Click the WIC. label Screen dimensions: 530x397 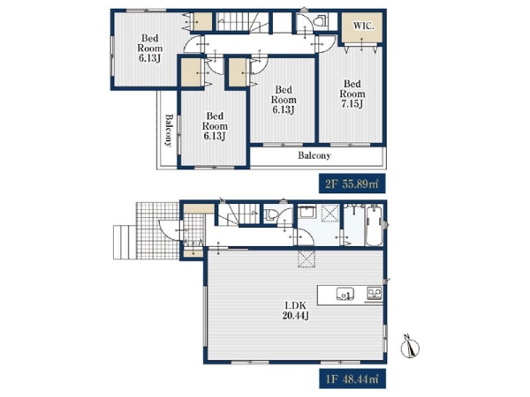pyautogui.click(x=364, y=26)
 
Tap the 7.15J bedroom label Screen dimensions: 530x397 pyautogui.click(x=352, y=94)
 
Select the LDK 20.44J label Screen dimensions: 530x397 pyautogui.click(x=295, y=311)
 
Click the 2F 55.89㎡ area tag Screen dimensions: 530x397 pyautogui.click(x=352, y=184)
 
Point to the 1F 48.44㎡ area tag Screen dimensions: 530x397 pyautogui.click(x=352, y=378)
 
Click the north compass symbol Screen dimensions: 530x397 pyautogui.click(x=410, y=347)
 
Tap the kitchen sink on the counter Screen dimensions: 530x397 pyautogui.click(x=345, y=294)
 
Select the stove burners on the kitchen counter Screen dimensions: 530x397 pyautogui.click(x=375, y=293)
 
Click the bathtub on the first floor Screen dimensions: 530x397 pyautogui.click(x=374, y=226)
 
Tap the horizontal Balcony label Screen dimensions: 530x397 pyautogui.click(x=314, y=155)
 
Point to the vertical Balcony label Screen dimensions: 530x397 pyautogui.click(x=169, y=130)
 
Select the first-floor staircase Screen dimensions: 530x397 pyautogui.click(x=238, y=214)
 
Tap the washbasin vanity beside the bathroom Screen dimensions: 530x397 pyautogui.click(x=307, y=213)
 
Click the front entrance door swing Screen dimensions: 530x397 pyautogui.click(x=170, y=230)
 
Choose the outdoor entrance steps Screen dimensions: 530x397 pyautogui.click(x=125, y=242)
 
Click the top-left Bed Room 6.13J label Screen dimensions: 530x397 pyautogui.click(x=149, y=48)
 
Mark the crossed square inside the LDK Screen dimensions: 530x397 pyautogui.click(x=307, y=258)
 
